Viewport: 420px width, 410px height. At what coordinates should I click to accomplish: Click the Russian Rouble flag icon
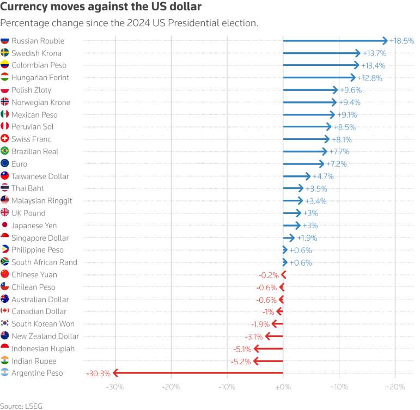[4, 40]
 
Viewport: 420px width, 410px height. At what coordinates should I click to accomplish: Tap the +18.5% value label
[401, 41]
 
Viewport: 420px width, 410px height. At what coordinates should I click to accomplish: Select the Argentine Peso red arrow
[198, 372]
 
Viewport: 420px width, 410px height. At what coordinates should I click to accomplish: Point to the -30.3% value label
[98, 374]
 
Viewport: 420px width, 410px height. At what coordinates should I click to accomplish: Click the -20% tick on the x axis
[171, 387]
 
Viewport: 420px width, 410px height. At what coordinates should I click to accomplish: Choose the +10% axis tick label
[339, 387]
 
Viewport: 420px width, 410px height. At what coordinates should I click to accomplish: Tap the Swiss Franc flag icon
[4, 138]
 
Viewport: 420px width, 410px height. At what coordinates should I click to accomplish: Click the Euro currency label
[19, 164]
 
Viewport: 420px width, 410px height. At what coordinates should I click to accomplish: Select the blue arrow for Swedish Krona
[322, 53]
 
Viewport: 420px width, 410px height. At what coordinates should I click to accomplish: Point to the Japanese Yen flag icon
[4, 225]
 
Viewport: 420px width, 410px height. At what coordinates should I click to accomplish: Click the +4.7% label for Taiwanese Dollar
[323, 176]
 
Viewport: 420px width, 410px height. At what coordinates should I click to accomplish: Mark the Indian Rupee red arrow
[268, 361]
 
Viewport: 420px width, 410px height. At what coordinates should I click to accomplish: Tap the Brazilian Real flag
[4, 151]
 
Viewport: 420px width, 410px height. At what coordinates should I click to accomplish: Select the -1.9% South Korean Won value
[260, 325]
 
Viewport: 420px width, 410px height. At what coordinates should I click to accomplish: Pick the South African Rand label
[44, 262]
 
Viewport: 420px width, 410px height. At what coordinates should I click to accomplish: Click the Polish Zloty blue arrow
[311, 90]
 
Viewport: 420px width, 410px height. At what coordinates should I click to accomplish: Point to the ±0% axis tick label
[283, 387]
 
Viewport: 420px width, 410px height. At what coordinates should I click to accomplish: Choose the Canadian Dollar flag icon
[4, 311]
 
